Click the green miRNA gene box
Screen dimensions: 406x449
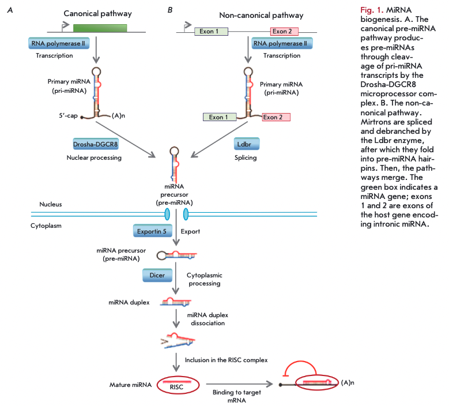[100, 28]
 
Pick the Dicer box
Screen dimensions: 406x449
[157, 275]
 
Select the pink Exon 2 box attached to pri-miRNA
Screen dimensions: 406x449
[276, 118]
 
